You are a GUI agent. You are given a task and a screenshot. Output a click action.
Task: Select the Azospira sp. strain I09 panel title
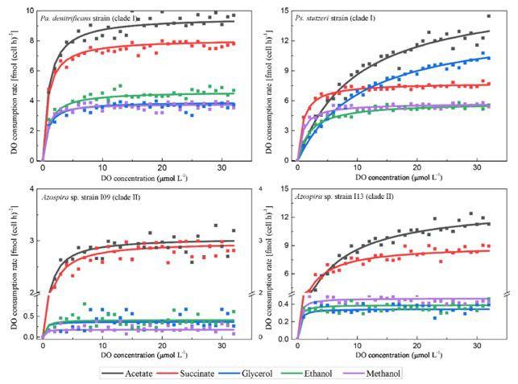(103, 197)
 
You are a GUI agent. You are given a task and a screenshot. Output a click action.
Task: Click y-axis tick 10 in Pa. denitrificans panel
(29, 10)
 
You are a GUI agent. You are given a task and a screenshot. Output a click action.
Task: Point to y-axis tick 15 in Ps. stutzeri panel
(288, 10)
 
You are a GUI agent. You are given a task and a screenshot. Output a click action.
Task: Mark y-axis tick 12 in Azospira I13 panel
(288, 217)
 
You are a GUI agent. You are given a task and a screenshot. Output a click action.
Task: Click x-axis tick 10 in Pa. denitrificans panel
(102, 167)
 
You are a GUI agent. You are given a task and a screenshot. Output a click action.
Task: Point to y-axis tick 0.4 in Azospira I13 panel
(285, 303)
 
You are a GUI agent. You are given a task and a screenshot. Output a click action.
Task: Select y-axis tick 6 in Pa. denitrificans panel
(31, 70)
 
